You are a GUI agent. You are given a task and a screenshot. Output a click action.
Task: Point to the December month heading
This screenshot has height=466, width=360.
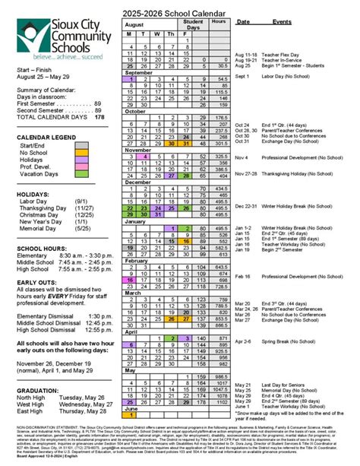tap(140, 182)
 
